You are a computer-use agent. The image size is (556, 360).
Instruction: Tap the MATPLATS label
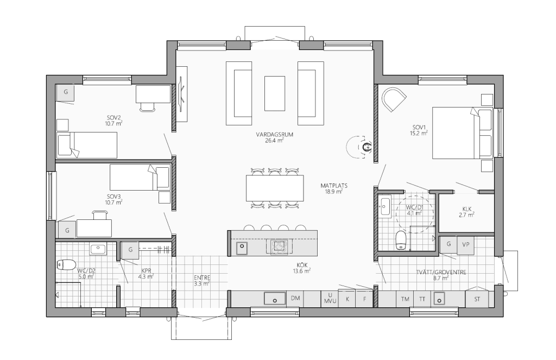[x=334, y=186]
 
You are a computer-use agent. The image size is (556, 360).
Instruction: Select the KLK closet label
[x=466, y=209]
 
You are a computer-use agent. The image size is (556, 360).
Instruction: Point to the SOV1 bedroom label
[x=419, y=127]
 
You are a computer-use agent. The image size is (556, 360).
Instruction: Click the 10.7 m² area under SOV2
[x=113, y=123]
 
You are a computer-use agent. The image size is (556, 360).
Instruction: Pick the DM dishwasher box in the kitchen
[x=295, y=298]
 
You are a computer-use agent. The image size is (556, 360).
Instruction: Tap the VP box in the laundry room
[x=465, y=245]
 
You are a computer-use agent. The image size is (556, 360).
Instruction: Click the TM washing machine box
[x=405, y=299]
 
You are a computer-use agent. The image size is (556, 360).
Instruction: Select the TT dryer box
[x=422, y=299]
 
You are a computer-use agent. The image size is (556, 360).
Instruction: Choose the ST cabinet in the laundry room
[x=477, y=299]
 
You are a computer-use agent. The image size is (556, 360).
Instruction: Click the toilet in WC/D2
[x=66, y=264]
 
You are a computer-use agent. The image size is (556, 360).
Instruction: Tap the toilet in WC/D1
[x=400, y=240]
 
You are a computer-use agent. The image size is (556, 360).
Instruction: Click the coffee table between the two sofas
[x=275, y=93]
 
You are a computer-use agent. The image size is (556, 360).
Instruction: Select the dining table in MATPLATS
[x=275, y=188]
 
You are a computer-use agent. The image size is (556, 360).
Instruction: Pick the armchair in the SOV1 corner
[x=393, y=99]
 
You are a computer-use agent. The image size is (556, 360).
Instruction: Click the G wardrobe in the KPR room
[x=130, y=250]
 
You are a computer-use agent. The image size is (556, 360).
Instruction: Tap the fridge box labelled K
[x=347, y=299]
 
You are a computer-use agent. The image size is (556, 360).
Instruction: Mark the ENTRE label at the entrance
[x=202, y=277]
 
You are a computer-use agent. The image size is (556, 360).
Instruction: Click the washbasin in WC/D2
[x=98, y=249]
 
